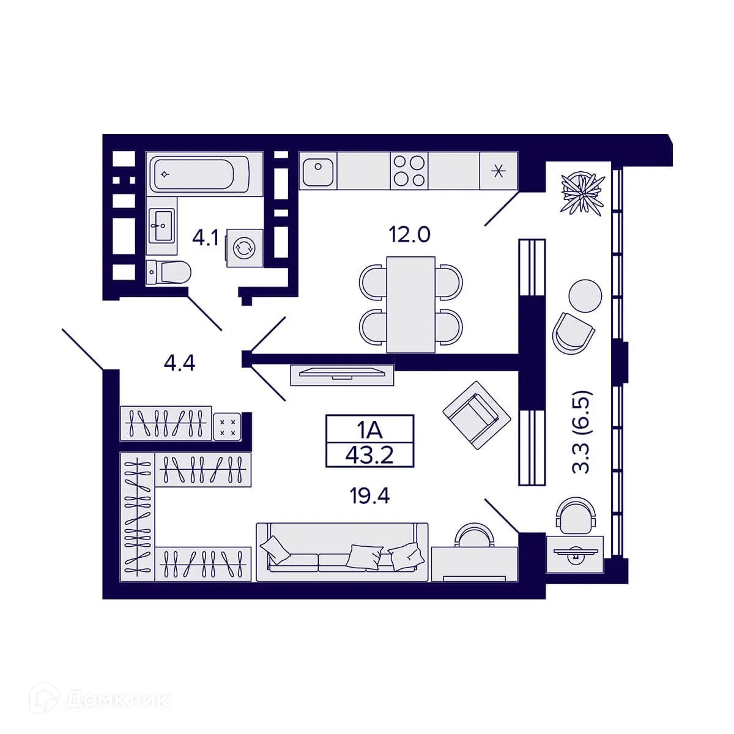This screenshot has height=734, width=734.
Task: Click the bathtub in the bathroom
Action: pos(199,174)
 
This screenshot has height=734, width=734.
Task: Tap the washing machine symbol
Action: pos(244,248)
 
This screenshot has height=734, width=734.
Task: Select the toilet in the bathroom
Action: pos(168,272)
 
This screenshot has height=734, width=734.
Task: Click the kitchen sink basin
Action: pos(317,171)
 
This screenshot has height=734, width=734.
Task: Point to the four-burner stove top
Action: pos(409,170)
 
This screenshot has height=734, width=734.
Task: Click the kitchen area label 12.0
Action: pos(409,234)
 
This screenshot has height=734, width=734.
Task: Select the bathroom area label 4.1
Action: pos(206,239)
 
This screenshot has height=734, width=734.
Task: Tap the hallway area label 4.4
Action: pos(179,363)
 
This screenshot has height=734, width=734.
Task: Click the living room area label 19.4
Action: pos(370,496)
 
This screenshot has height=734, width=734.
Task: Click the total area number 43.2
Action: pos(369,455)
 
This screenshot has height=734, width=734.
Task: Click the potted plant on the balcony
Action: pos(582,193)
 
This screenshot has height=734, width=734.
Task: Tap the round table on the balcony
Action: pos(585,296)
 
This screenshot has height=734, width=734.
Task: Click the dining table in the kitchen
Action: pos(410,305)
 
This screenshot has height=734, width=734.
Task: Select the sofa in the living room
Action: pos(342,552)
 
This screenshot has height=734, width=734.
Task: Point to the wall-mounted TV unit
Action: pos(342,375)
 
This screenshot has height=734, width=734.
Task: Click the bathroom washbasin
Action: pos(161,225)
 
